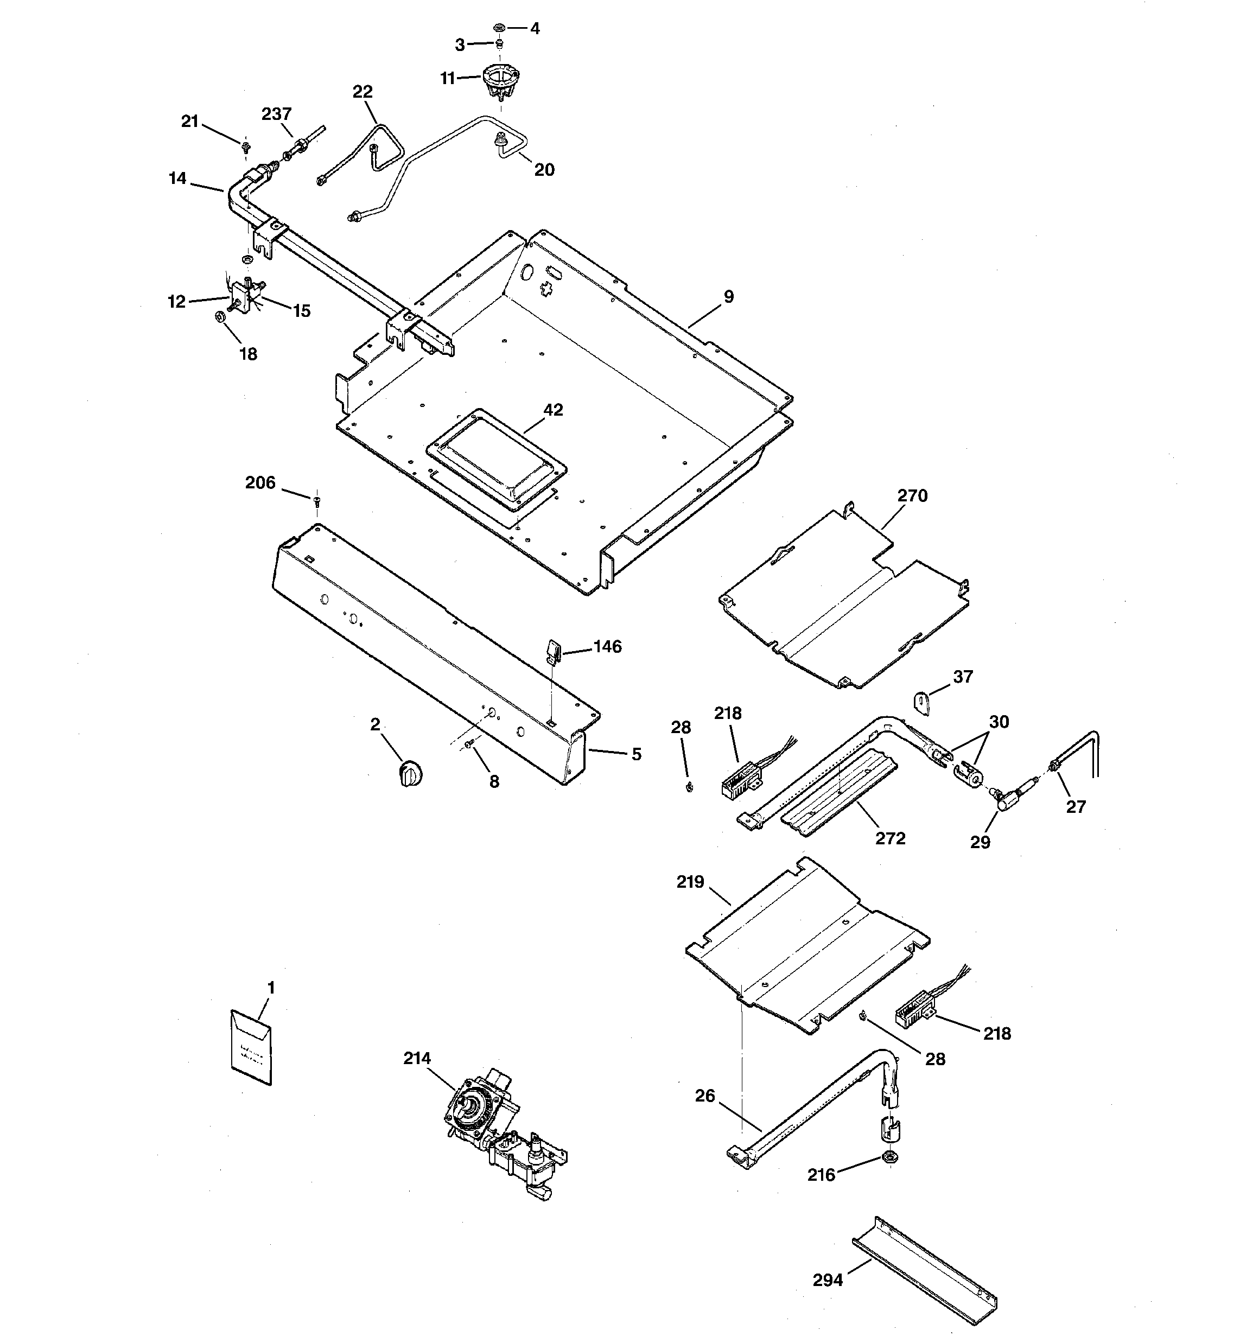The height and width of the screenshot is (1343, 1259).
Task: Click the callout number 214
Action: (416, 1059)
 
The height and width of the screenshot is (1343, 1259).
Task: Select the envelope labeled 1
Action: (251, 1049)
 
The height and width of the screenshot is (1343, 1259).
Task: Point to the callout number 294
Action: (828, 1280)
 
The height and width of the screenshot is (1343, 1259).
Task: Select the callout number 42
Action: (553, 409)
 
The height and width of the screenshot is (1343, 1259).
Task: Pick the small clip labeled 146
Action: (551, 653)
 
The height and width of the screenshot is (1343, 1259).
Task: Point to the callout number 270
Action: (912, 495)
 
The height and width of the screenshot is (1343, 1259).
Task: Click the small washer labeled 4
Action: (499, 28)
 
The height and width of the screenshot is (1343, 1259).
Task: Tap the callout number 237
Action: (276, 114)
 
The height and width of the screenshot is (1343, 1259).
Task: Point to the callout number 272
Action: (890, 838)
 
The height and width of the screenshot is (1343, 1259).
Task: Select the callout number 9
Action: (728, 296)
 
